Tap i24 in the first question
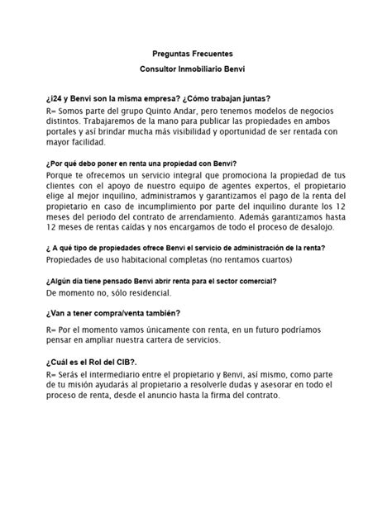[57, 96]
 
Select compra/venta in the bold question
[127, 314]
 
